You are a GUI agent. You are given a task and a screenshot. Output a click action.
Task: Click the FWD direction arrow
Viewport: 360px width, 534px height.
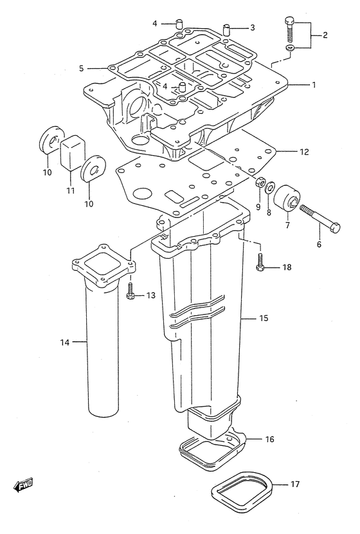[22, 485]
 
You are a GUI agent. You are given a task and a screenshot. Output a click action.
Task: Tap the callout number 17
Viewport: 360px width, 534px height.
[294, 484]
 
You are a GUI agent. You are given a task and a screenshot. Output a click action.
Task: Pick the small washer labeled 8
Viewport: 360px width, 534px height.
[271, 187]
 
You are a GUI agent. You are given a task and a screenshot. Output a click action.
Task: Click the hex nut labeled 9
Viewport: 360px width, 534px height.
[260, 182]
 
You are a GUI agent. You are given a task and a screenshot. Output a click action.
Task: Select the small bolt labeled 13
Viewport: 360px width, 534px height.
[130, 291]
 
